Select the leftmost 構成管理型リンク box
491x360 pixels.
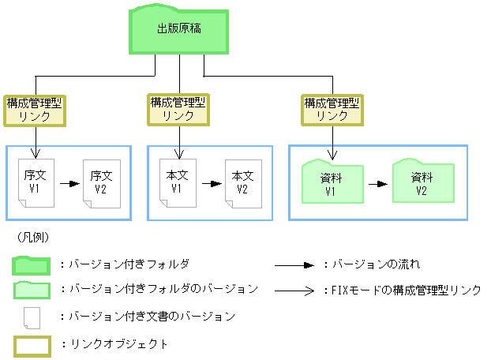(35, 109)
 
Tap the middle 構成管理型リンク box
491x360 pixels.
(178, 109)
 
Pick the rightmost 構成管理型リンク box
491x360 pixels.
(332, 109)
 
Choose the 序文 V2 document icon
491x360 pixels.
(100, 182)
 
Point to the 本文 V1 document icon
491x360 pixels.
(177, 182)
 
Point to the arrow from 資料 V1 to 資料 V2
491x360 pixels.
(377, 183)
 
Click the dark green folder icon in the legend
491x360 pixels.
(32, 264)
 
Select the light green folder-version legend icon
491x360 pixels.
(32, 290)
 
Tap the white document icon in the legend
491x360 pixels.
(32, 317)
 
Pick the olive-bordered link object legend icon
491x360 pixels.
(32, 345)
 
